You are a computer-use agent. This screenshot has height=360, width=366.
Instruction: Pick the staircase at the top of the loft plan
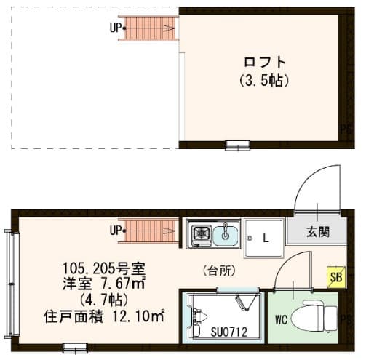click(x=150, y=29)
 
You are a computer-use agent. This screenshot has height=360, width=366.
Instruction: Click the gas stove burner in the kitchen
click(x=199, y=234)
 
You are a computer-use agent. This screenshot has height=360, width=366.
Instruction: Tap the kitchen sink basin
click(x=226, y=234)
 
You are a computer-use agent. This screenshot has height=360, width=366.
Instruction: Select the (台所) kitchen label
click(x=218, y=271)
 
